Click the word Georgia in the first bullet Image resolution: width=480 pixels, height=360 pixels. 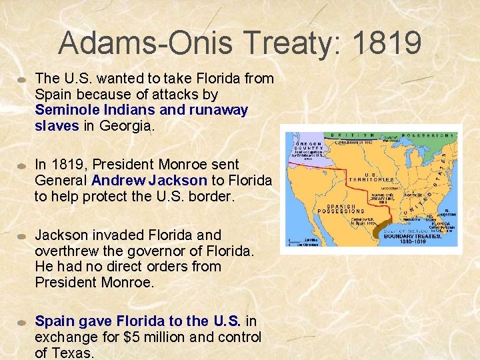coord(125,125)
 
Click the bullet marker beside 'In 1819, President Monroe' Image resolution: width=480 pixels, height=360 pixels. coord(22,165)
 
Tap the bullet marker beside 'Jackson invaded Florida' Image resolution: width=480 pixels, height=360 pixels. coord(22,236)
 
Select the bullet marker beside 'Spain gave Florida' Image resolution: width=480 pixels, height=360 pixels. coord(22,322)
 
